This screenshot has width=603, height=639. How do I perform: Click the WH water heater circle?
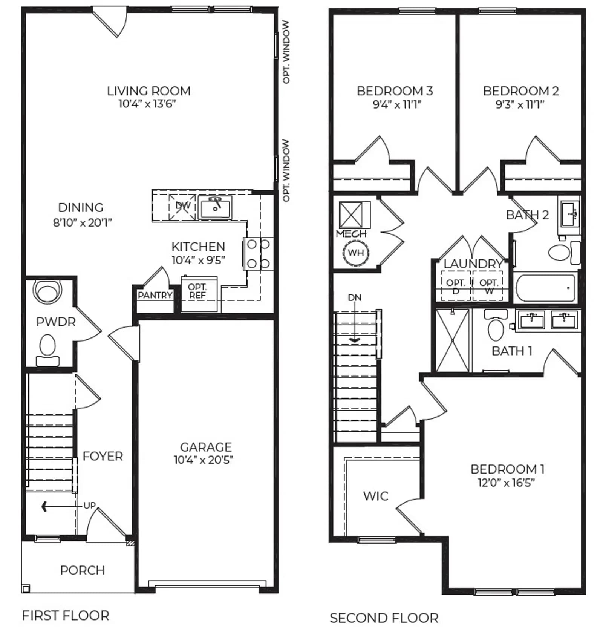[356, 253]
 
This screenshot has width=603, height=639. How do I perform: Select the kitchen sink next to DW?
[215, 207]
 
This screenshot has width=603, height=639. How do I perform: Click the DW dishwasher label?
[183, 206]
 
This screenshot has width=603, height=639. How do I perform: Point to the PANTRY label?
[155, 295]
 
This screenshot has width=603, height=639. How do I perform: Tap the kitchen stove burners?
[258, 254]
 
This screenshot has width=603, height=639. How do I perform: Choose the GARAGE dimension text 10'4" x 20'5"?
[204, 460]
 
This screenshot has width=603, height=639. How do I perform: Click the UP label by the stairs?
[89, 505]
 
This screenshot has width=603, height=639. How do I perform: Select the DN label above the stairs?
[354, 297]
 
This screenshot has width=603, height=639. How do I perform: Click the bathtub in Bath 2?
[545, 288]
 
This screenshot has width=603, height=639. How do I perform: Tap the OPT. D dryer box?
[456, 286]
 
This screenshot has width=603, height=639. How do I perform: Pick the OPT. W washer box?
[488, 286]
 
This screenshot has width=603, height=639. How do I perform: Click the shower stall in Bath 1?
[452, 340]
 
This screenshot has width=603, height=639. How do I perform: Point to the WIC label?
[376, 496]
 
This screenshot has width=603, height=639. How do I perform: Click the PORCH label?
[82, 570]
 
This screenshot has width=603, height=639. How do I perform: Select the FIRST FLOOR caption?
[66, 616]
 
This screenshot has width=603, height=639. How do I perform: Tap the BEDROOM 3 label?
[395, 91]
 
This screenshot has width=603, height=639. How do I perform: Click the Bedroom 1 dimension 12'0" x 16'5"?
[506, 483]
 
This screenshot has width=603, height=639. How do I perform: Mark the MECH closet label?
[351, 234]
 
